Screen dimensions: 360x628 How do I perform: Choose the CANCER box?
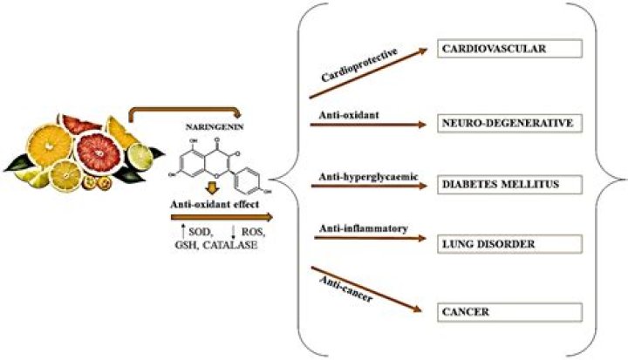[x=497, y=309]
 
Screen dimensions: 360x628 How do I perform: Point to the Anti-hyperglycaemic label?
[x=368, y=177]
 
